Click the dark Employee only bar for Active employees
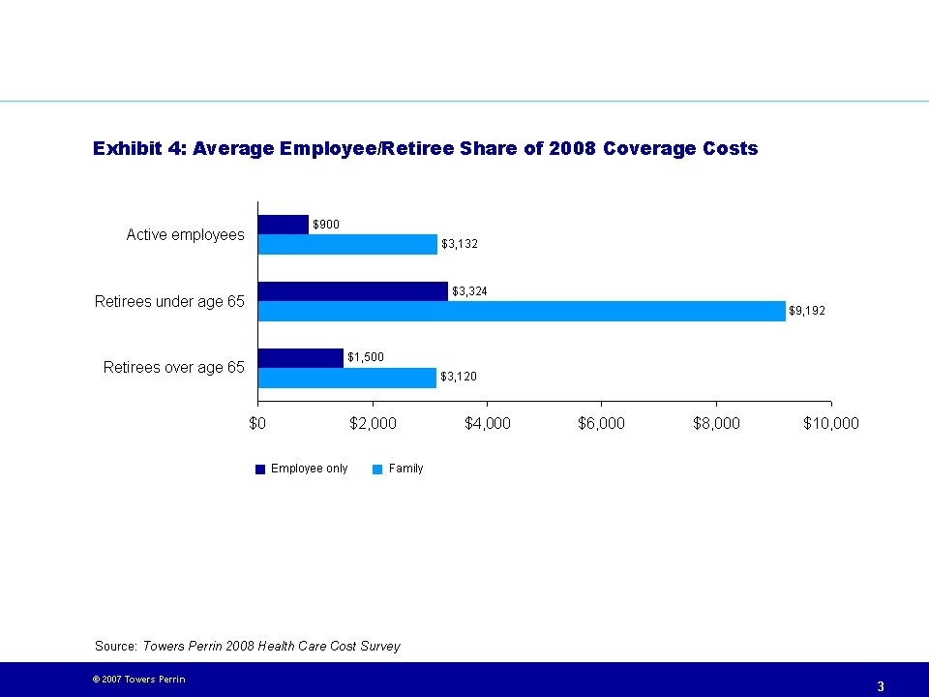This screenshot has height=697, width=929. tap(284, 225)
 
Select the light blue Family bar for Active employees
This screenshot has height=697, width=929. tap(347, 244)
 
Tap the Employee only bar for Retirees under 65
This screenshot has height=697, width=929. tap(353, 291)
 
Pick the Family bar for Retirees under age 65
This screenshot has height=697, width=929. tap(522, 311)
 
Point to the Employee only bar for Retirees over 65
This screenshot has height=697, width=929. tap(301, 357)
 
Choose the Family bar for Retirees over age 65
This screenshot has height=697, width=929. tap(347, 378)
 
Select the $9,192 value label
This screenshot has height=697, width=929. tap(807, 311)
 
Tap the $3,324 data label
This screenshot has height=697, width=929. tap(469, 291)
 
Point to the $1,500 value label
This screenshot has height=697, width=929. tap(366, 357)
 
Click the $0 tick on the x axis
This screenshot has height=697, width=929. tap(258, 423)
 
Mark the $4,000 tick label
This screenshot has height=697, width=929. tap(488, 423)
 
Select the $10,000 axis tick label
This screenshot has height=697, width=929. tap(831, 423)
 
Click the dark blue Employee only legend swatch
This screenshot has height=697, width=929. tap(260, 470)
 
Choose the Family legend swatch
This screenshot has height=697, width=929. tap(378, 470)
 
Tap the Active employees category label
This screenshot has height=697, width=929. tap(186, 235)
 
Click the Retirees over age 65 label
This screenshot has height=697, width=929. tap(174, 368)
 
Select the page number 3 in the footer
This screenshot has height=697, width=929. tap(881, 686)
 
